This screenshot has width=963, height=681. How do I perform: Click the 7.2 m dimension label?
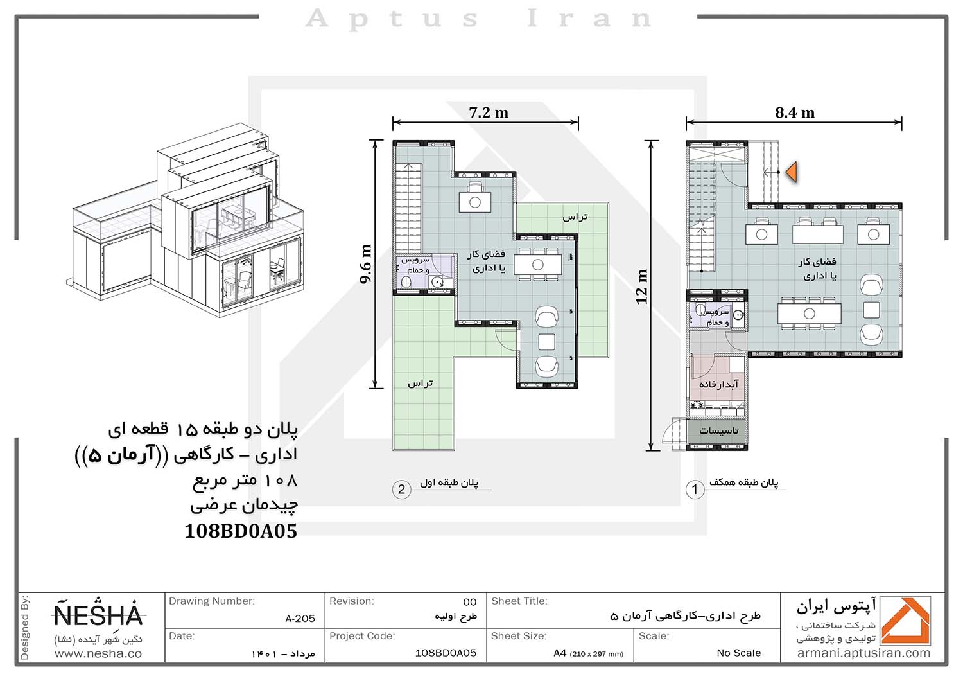489,112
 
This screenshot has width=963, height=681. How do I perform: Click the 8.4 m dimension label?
795,112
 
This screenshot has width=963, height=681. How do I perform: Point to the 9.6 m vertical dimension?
365,264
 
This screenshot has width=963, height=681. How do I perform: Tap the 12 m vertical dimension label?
641,287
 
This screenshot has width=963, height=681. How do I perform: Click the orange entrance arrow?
792,172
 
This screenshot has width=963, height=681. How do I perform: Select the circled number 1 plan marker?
694,490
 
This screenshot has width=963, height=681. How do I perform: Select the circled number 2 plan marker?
401,490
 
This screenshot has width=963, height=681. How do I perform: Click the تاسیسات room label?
718,430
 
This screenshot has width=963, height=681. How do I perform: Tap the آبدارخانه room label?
718,384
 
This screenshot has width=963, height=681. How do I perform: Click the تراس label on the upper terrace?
575,217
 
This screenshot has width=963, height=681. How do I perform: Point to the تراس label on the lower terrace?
421,384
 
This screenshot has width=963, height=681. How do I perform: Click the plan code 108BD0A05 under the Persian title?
241,531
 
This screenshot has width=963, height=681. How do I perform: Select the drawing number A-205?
300,619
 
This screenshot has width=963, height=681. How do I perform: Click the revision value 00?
470,602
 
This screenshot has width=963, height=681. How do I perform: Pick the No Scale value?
738,653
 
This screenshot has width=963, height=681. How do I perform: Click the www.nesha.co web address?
98,654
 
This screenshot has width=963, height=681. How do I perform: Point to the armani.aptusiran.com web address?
863,653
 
